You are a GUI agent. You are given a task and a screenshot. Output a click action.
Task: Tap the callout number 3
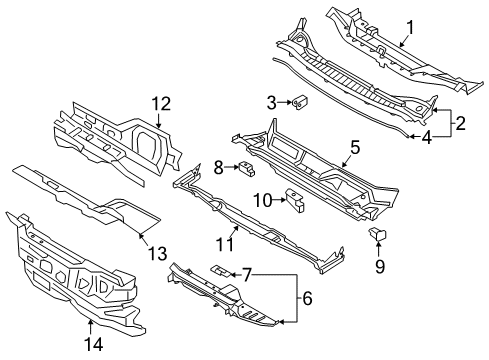click(271, 101)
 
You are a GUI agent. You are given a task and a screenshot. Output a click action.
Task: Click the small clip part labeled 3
click(299, 101)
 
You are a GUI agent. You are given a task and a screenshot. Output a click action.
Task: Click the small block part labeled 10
click(295, 200)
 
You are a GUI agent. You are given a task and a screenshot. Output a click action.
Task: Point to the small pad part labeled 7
click(219, 270)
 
